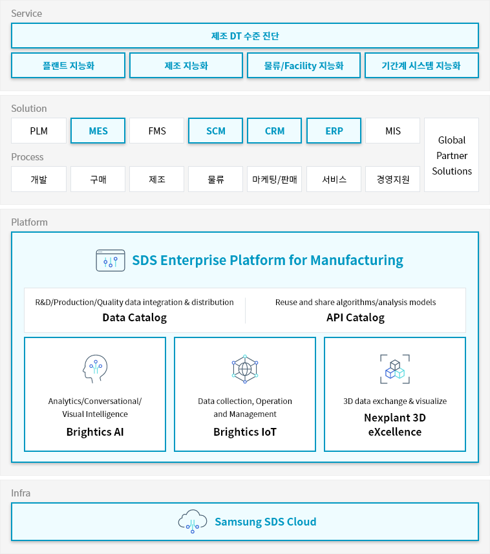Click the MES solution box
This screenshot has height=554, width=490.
[x=98, y=131]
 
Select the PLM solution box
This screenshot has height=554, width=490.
[x=39, y=131]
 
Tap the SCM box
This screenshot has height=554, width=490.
[x=215, y=131]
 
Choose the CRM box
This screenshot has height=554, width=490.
[x=275, y=131]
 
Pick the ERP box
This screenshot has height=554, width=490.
[x=334, y=131]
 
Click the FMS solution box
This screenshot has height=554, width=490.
[x=157, y=131]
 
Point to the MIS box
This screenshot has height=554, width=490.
[x=393, y=131]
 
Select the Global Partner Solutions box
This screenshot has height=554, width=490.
[x=451, y=155]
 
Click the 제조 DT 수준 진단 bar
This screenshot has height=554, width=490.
[x=245, y=36]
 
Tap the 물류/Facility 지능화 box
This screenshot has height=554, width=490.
[x=304, y=65]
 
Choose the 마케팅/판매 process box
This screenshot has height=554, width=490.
[x=275, y=179]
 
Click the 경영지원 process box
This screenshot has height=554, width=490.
[x=393, y=179]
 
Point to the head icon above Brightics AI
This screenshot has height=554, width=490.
[x=95, y=369]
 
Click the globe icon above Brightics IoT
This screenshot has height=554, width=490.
[x=245, y=369]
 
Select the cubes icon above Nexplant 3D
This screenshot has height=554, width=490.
[x=395, y=369]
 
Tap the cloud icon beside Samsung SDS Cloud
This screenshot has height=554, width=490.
[x=193, y=521]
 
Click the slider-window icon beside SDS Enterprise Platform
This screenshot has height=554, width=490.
[x=111, y=261]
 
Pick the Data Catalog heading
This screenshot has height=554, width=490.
[x=134, y=317]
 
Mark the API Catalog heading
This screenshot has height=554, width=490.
[x=356, y=317]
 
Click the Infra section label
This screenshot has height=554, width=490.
[x=21, y=493]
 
